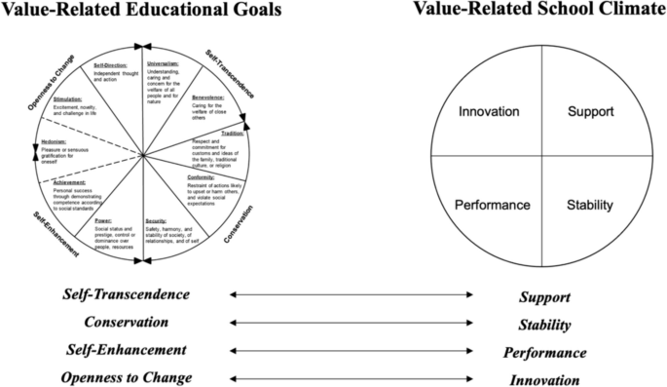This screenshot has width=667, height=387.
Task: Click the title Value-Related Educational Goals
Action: coord(142,10)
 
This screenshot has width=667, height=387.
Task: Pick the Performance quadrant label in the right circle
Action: coord(492,206)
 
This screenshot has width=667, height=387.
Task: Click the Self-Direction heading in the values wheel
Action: coord(111,65)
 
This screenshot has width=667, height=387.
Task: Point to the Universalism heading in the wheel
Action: coord(163,63)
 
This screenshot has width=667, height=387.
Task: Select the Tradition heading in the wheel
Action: coord(233,134)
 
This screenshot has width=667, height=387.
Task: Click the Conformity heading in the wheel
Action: coord(203,176)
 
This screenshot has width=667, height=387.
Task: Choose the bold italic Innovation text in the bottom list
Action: coord(546,379)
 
